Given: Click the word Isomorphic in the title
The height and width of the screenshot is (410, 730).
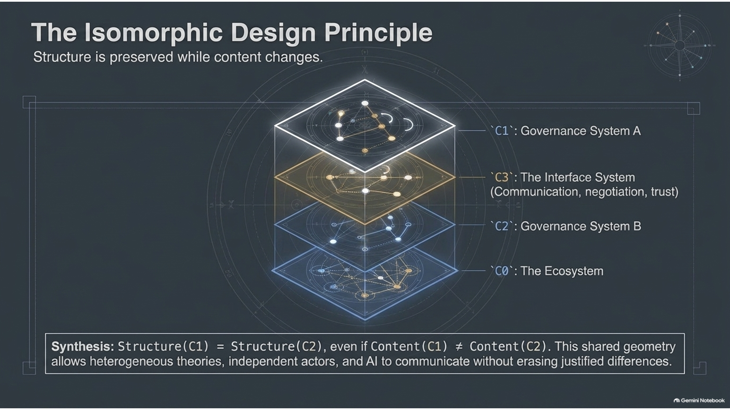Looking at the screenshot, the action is pos(153,33).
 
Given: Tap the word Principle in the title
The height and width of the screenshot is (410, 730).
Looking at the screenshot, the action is pos(378,33).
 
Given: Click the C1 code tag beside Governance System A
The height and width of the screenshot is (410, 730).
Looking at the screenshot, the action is pos(502,131).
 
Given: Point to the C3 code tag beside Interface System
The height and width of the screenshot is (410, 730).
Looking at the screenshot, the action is pos(502,177).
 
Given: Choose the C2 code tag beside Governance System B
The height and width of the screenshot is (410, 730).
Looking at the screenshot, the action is pos(502,226).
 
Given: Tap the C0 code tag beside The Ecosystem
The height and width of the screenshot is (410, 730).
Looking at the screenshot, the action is pos(502,271).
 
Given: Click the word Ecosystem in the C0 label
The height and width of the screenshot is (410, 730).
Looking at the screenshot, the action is pos(574,271).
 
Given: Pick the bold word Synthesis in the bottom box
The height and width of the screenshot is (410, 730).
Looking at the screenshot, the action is pos(82,347).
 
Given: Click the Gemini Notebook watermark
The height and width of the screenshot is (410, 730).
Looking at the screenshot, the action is pos(699,400).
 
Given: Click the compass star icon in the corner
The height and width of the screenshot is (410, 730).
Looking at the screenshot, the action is pos(680,45).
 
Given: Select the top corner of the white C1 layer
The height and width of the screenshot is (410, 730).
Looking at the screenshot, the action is pos(364,80).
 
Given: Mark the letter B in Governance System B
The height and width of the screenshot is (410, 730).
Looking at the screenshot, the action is pos(637,226).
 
